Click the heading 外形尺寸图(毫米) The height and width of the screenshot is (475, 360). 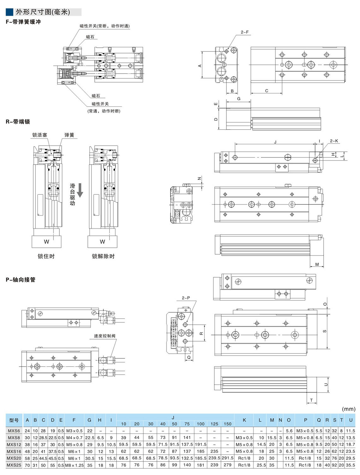click(43, 12)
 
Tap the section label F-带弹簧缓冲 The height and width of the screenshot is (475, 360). click(23, 22)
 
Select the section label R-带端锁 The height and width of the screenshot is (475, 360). click(18, 122)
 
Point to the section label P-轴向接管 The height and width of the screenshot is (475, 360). click(21, 280)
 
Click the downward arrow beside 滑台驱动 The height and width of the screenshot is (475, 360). click(80, 190)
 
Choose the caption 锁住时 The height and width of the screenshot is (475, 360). click(46, 256)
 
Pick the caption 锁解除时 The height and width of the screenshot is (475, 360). click(103, 256)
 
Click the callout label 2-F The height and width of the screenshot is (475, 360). click(245, 32)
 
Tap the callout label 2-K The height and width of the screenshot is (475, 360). click(334, 141)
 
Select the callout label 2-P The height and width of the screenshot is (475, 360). click(186, 298)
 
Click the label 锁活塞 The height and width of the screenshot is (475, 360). click(39, 135)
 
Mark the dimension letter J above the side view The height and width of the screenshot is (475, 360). click(275, 142)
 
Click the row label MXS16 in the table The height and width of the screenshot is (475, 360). click(14, 451)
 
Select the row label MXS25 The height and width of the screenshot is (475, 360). click(14, 465)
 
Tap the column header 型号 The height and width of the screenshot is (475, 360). click(14, 420)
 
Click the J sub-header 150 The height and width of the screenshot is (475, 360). click(228, 424)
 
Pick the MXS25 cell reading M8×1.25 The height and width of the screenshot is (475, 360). click(74, 465)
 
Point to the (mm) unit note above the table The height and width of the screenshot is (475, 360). click(349, 409)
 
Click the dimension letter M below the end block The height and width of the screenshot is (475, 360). click(317, 264)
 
